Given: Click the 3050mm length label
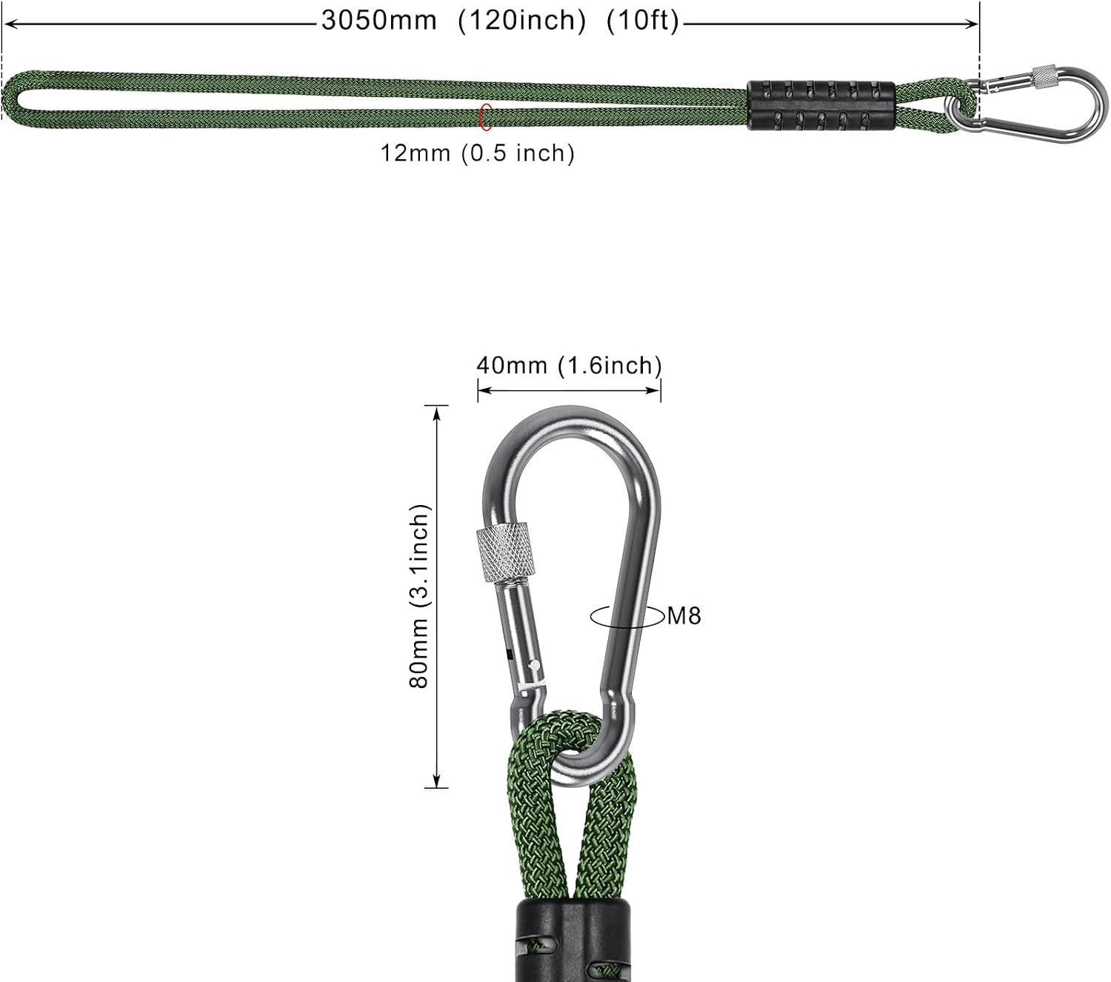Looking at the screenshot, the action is pos(379,21).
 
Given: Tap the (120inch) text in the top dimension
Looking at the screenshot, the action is pos(522,21).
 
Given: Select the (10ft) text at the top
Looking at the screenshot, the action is pos(643,21).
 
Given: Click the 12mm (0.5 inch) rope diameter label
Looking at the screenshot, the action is pos(478,153).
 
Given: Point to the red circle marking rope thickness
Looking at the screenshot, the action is pos(481,116).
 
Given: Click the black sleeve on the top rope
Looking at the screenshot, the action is pos(821,106).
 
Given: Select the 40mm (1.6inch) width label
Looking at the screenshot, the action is pos(570,365).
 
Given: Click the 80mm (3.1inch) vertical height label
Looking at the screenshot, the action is pos(420,595).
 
